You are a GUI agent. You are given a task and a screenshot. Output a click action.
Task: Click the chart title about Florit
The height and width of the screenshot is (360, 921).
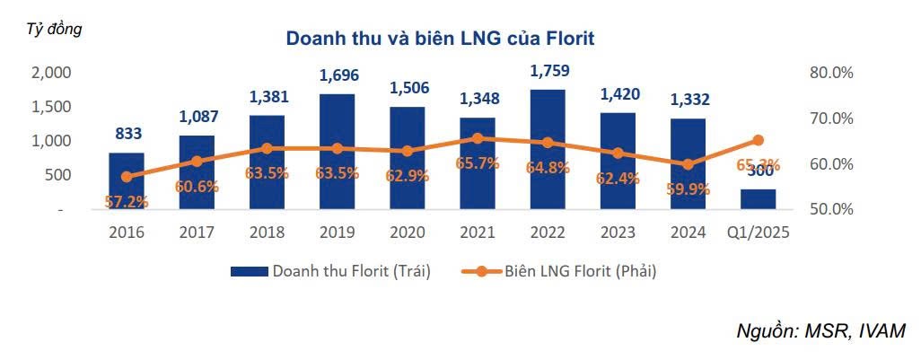tap(440, 39)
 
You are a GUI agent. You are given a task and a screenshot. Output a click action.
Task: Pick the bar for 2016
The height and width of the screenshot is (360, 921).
tap(127, 180)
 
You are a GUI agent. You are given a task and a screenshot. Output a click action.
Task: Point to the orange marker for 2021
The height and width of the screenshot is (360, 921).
tap(478, 138)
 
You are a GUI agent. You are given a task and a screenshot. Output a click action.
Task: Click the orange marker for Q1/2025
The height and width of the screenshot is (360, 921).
tap(759, 140)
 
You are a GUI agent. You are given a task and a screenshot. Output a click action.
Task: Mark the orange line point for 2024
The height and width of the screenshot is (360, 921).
tap(688, 164)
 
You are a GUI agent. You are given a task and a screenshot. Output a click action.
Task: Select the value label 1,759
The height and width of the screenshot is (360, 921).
tap(548, 71)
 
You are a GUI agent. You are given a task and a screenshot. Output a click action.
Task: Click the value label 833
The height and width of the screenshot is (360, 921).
tap(127, 134)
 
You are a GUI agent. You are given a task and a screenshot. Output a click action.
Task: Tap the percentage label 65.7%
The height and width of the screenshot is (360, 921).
tap(478, 163)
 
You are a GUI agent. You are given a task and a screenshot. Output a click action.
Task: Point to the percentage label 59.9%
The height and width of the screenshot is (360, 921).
tap(688, 189)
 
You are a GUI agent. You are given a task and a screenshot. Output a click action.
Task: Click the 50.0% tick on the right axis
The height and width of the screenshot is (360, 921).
tap(830, 209)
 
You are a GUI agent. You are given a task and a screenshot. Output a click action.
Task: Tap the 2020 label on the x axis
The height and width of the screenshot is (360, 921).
tap(407, 232)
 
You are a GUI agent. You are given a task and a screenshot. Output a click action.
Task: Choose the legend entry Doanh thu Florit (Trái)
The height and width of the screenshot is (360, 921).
tap(331, 271)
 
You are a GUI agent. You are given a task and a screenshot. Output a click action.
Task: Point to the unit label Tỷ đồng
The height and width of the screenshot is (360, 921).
tap(53, 29)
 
